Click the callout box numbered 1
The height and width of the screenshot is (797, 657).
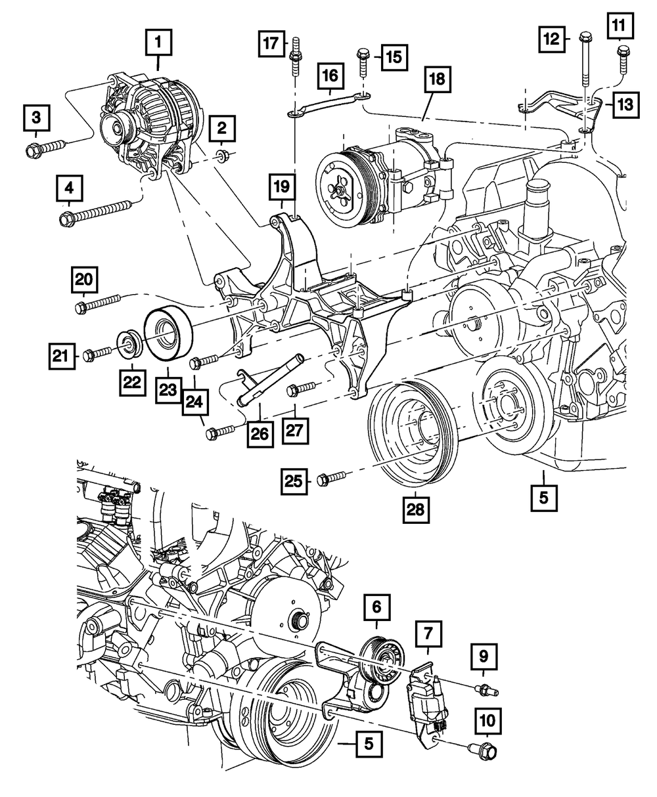click(158, 44)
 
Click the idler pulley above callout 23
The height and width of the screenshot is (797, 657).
click(168, 333)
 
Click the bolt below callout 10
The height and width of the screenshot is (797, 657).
click(482, 746)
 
